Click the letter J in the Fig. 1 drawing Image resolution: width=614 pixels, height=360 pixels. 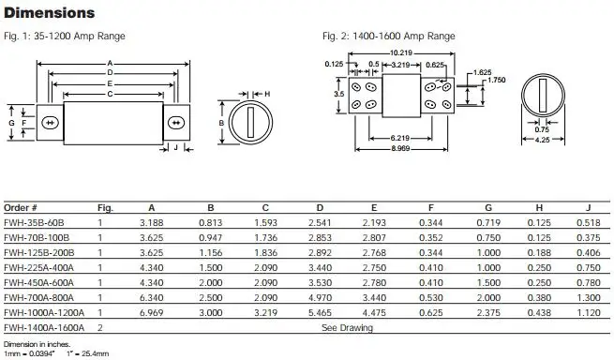tap(175, 147)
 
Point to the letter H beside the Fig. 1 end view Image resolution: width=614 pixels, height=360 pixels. tap(266, 94)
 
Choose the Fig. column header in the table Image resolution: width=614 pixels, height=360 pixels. tap(106, 206)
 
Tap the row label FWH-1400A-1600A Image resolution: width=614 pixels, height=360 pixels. tap(43, 328)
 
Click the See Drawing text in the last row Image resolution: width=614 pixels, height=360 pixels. tap(348, 328)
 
